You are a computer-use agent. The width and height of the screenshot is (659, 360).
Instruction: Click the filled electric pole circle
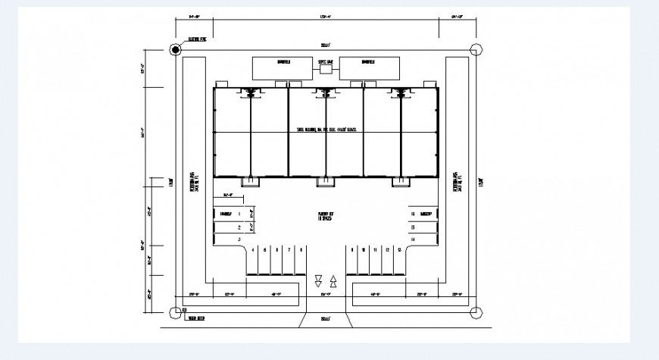176,50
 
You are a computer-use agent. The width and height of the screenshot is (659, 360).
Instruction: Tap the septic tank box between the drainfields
326,68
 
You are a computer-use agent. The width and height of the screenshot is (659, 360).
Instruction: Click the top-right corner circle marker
475,50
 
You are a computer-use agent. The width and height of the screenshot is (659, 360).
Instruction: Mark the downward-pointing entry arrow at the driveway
317,280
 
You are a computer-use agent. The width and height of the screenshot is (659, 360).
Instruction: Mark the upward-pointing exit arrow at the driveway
334,280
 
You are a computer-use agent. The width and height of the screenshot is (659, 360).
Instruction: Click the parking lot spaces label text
326,216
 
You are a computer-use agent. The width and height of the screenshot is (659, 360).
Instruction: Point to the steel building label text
326,130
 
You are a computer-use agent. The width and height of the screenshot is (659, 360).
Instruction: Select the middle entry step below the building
324,182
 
